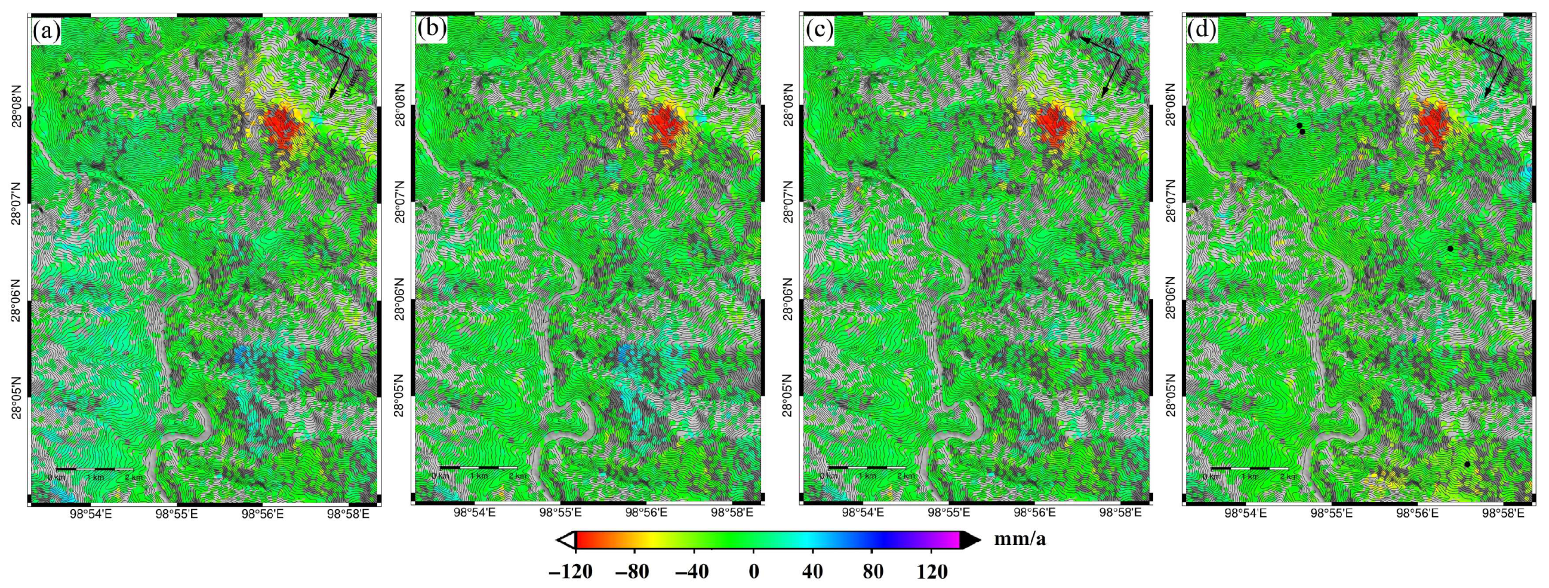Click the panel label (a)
coord(47,30)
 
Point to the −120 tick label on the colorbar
coord(571,571)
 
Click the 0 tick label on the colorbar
coord(754,571)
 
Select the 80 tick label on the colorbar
coord(873,571)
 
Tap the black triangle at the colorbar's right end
coord(969,540)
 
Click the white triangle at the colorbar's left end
coord(565,540)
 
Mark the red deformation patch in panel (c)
coord(1054,127)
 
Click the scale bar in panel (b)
coord(479,467)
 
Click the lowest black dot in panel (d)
coord(1467,464)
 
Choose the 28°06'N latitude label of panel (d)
coord(1170,299)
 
